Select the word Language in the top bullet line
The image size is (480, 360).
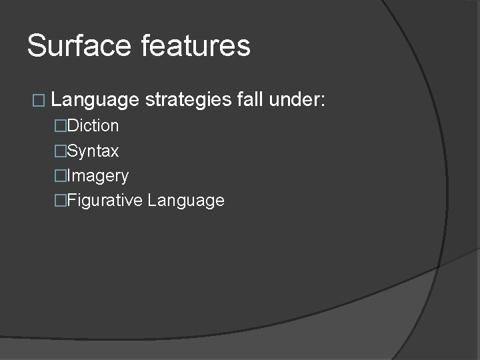coord(95,101)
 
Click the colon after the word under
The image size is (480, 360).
coord(323,102)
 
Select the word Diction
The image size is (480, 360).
coord(93,125)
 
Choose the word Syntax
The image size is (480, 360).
coord(93,151)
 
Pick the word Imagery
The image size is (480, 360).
coord(97,176)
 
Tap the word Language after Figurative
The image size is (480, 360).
coord(186,201)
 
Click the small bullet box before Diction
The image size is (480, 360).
coord(61,126)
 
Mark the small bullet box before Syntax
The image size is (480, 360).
coord(61,151)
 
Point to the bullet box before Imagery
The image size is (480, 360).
coord(61,176)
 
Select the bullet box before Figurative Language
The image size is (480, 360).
coord(61,201)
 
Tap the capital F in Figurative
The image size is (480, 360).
coord(71,200)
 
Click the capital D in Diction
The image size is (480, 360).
coord(73,125)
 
